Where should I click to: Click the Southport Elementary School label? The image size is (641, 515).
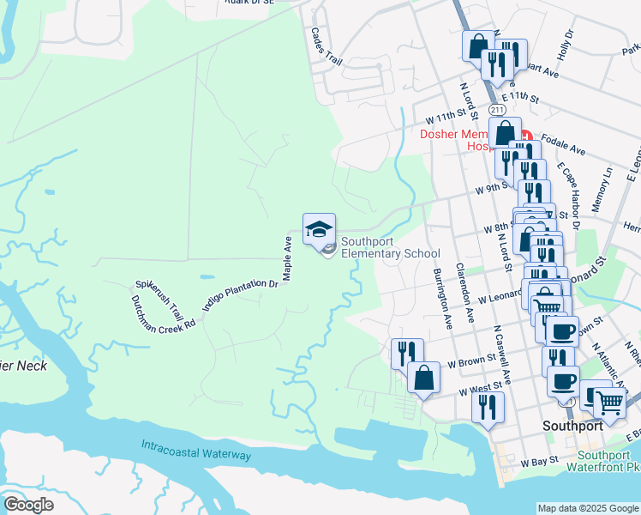click(x=390, y=247)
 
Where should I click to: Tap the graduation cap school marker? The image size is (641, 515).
click(x=319, y=229)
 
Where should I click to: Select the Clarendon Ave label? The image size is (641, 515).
click(x=465, y=292)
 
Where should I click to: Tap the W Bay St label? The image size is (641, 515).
click(x=541, y=462)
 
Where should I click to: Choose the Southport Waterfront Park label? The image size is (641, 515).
click(x=608, y=461)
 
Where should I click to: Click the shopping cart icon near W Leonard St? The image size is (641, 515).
click(x=547, y=304)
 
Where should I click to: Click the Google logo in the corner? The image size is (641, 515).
click(x=28, y=505)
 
